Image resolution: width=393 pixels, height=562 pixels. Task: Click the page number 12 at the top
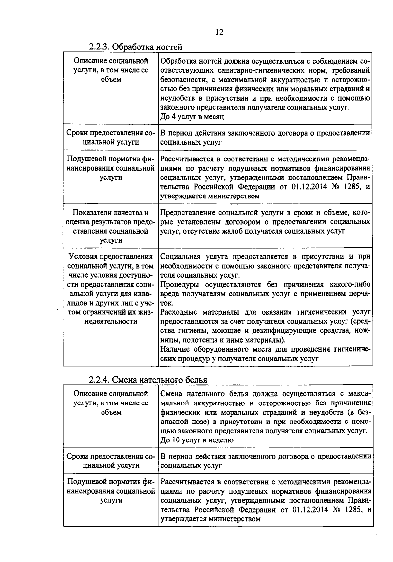[x=220, y=32]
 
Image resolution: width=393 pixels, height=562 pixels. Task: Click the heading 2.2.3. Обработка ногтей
[x=135, y=47]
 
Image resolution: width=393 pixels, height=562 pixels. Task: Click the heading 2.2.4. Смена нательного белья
[x=148, y=380]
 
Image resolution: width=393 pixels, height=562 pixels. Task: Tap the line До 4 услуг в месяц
[x=192, y=117]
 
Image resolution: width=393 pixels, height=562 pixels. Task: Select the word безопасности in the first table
[x=179, y=80]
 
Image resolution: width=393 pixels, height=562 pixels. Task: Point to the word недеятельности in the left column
[x=111, y=321]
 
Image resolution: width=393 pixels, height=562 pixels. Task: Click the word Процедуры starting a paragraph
[x=178, y=284]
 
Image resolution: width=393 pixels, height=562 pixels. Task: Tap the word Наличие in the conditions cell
[x=175, y=349]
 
